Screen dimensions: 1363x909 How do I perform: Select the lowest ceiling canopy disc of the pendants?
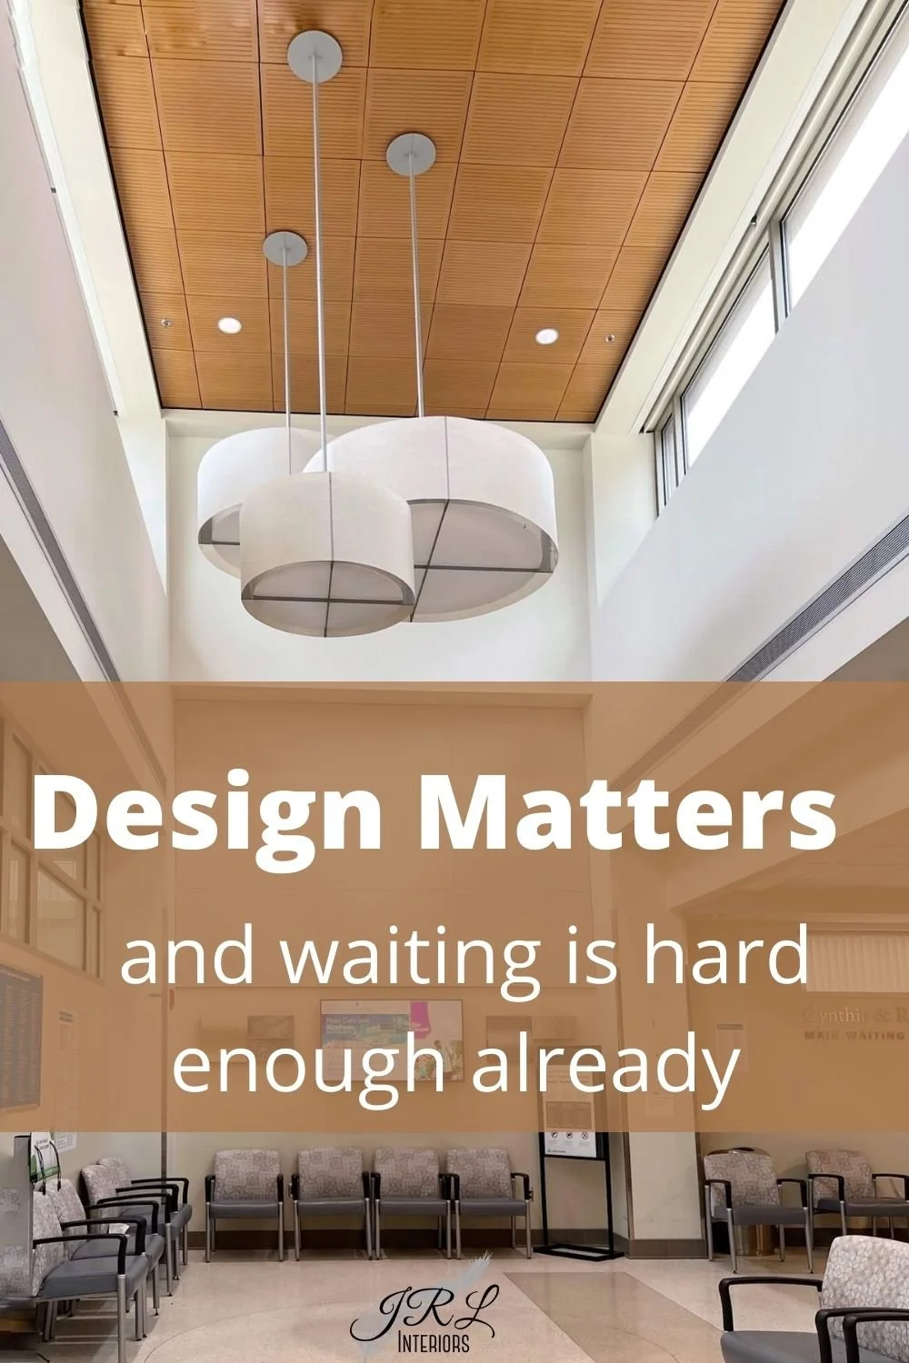click(285, 244)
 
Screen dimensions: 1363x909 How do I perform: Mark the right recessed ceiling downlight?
click(546, 336)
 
